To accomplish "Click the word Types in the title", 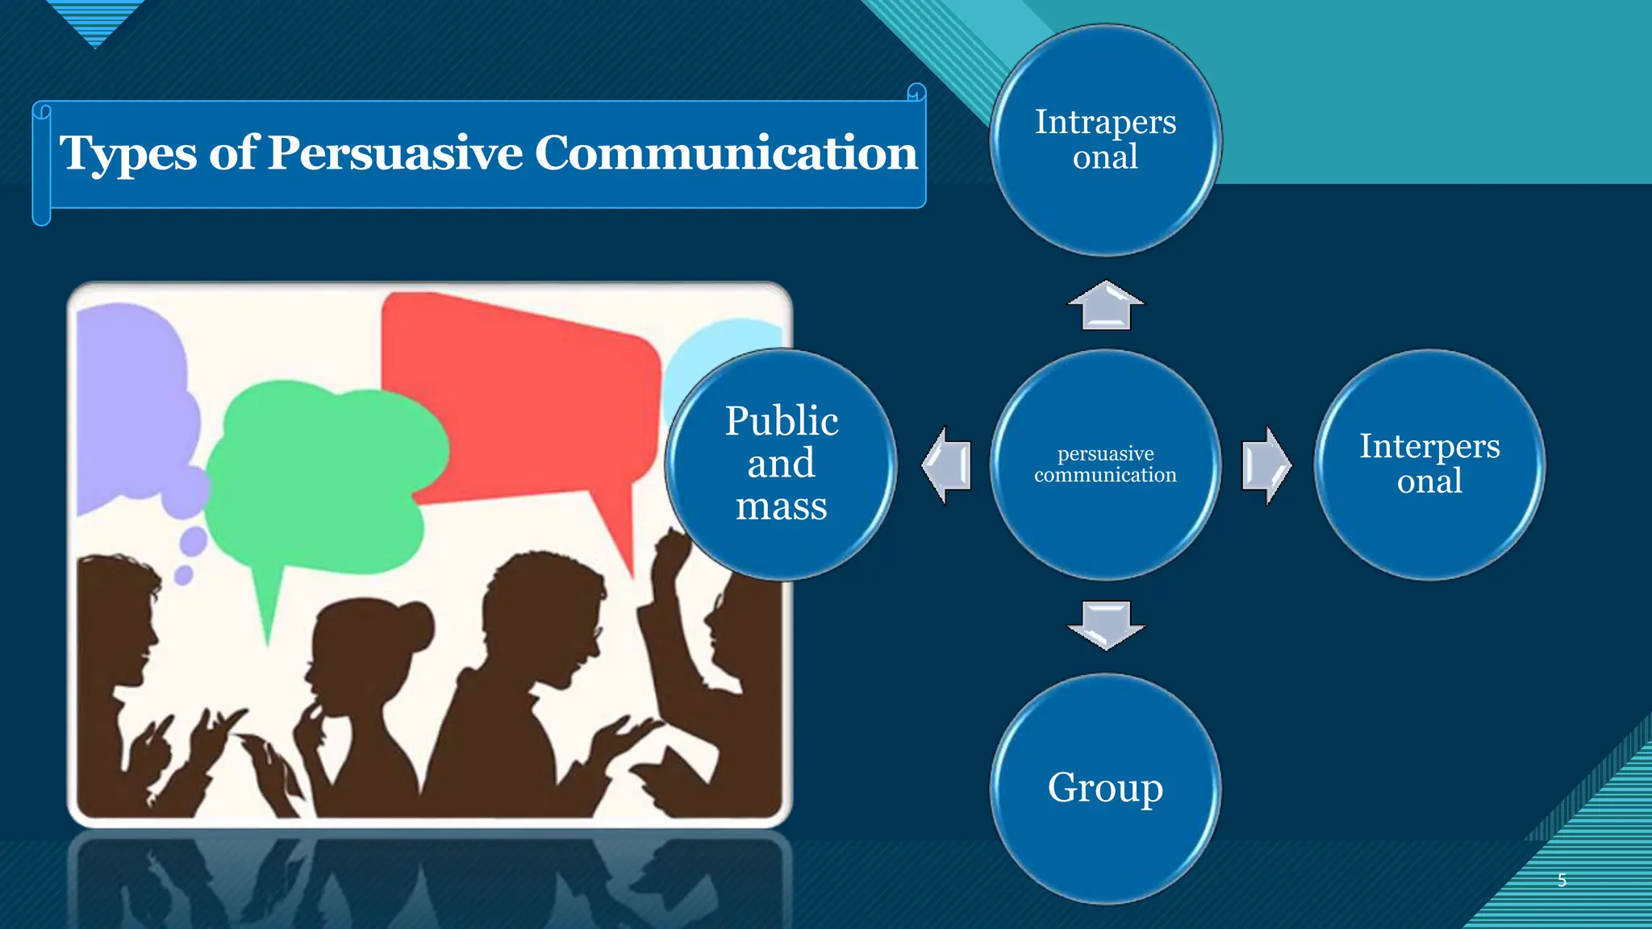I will click(x=127, y=152).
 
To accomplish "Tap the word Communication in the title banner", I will click(x=725, y=152).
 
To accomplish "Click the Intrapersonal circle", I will click(x=1105, y=140).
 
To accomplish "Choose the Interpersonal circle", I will click(x=1429, y=464).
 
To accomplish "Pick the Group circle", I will click(x=1105, y=788).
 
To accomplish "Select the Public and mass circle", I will click(x=781, y=464).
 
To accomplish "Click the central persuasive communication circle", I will click(x=1105, y=464).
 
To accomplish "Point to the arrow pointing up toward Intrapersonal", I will click(x=1105, y=306).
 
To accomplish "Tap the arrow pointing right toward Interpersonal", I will click(x=1266, y=465).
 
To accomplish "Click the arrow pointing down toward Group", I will click(x=1105, y=624).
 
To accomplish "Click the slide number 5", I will click(x=1562, y=880).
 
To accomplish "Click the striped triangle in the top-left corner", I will click(x=95, y=20).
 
